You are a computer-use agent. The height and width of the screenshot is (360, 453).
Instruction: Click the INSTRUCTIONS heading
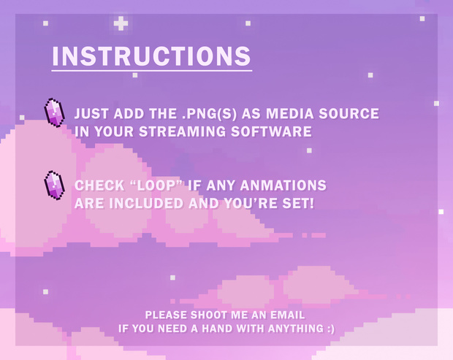tap(151, 56)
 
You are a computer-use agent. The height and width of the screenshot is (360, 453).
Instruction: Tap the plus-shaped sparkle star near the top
tap(121, 23)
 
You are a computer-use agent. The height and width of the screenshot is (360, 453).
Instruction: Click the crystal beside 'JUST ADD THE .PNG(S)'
tap(54, 112)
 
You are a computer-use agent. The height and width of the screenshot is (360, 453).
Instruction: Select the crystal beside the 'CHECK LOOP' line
tap(54, 185)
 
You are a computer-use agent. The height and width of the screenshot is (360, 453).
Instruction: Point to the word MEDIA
tap(290, 113)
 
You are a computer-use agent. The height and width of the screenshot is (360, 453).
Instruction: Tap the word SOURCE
tap(349, 113)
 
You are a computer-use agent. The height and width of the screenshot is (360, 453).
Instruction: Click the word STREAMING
tap(183, 131)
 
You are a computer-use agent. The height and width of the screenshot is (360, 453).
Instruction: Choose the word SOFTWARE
tap(271, 131)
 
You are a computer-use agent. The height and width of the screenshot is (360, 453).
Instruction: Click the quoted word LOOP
tap(157, 185)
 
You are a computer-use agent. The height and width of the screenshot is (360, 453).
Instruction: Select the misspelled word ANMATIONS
tap(283, 185)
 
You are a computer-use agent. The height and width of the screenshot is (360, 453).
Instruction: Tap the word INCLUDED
tap(146, 204)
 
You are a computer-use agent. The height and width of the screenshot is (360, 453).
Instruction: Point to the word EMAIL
tap(287, 315)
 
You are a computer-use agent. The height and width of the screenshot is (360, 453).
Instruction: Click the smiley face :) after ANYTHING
tap(331, 329)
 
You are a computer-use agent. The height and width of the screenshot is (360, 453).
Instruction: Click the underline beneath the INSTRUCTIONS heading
tap(152, 70)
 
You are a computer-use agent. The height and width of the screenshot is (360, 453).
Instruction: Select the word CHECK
tap(99, 185)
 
